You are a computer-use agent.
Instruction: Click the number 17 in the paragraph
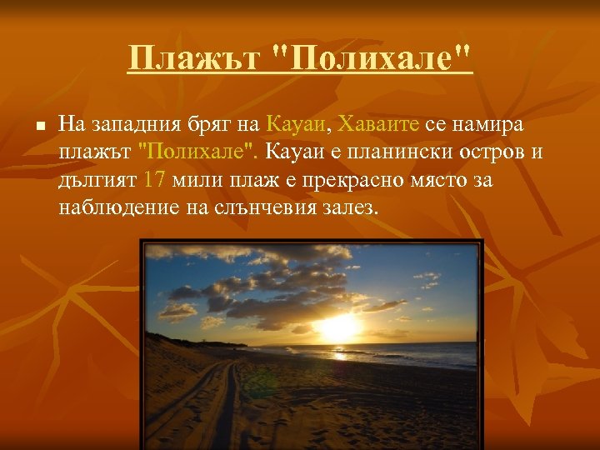coord(154,179)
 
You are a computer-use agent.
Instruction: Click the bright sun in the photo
coord(337,326)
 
